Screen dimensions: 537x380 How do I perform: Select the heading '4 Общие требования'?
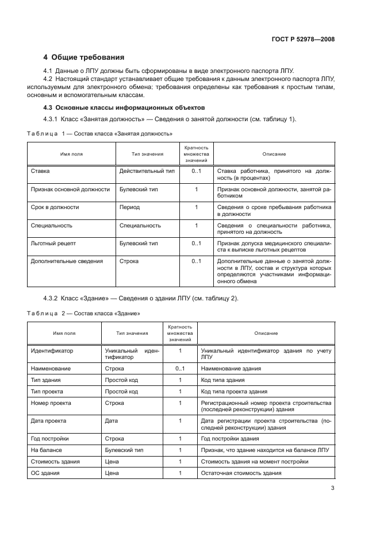pyautogui.click(x=84, y=57)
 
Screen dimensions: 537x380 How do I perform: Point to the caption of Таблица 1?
pyautogui.click(x=101, y=133)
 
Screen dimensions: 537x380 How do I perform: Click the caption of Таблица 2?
pyautogui.click(x=84, y=314)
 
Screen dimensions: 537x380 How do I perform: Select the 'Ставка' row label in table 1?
pyautogui.click(x=41, y=171)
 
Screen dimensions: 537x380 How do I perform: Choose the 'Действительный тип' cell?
pyautogui.click(x=147, y=171)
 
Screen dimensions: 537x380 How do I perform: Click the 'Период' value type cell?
pyautogui.click(x=129, y=207)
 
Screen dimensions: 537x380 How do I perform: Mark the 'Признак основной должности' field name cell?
pyautogui.click(x=70, y=189)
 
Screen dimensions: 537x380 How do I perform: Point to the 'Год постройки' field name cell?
pyautogui.click(x=50, y=438)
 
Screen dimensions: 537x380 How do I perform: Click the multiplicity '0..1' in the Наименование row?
pyautogui.click(x=180, y=368)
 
